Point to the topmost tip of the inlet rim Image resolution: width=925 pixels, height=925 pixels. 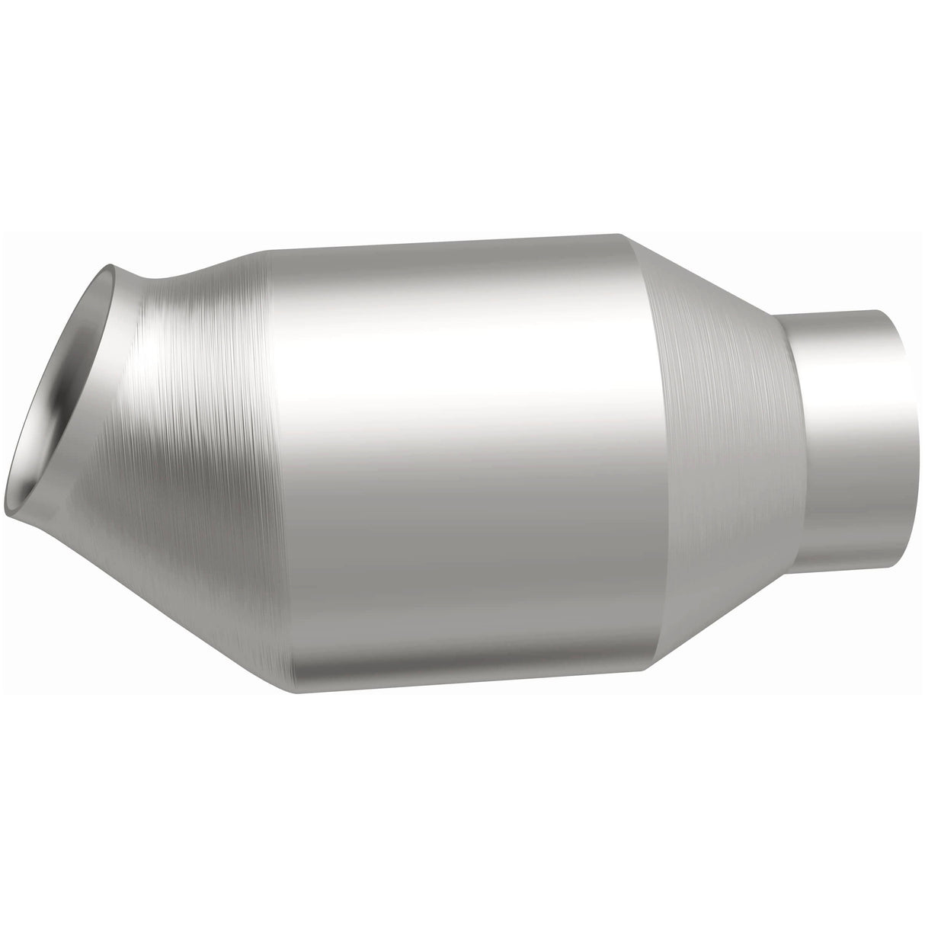tap(110, 264)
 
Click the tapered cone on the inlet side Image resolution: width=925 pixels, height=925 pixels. tap(190, 427)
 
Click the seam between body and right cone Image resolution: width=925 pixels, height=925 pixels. tap(648, 450)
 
